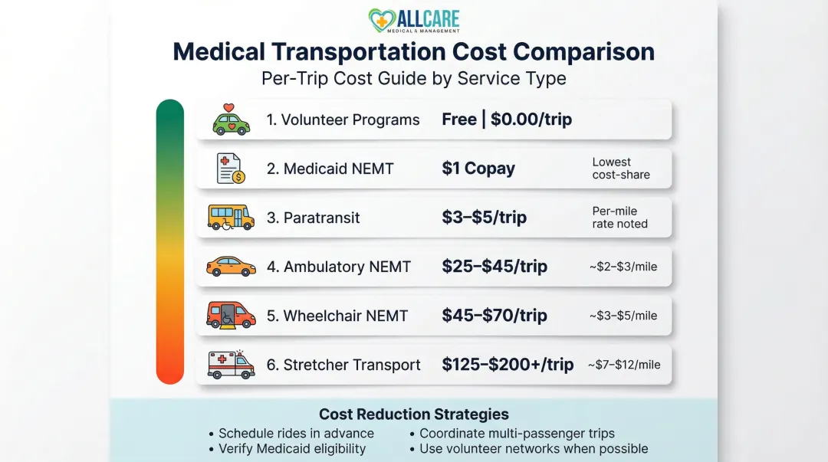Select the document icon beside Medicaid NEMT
(x=230, y=169)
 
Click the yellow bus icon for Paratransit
(x=231, y=218)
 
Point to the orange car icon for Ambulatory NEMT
(x=231, y=267)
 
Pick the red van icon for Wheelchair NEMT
(x=231, y=316)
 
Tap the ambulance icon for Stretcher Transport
(x=231, y=365)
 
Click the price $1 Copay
(x=478, y=169)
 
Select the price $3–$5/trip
(x=485, y=218)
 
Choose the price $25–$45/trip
(x=495, y=267)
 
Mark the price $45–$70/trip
(x=495, y=316)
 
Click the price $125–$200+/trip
(x=508, y=365)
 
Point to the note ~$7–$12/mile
(x=624, y=365)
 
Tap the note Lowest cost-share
(x=620, y=169)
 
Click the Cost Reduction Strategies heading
(x=414, y=414)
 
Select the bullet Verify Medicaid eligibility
(x=296, y=449)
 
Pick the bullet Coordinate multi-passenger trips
(x=517, y=434)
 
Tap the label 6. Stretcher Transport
(x=343, y=365)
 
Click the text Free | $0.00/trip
(x=507, y=120)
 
